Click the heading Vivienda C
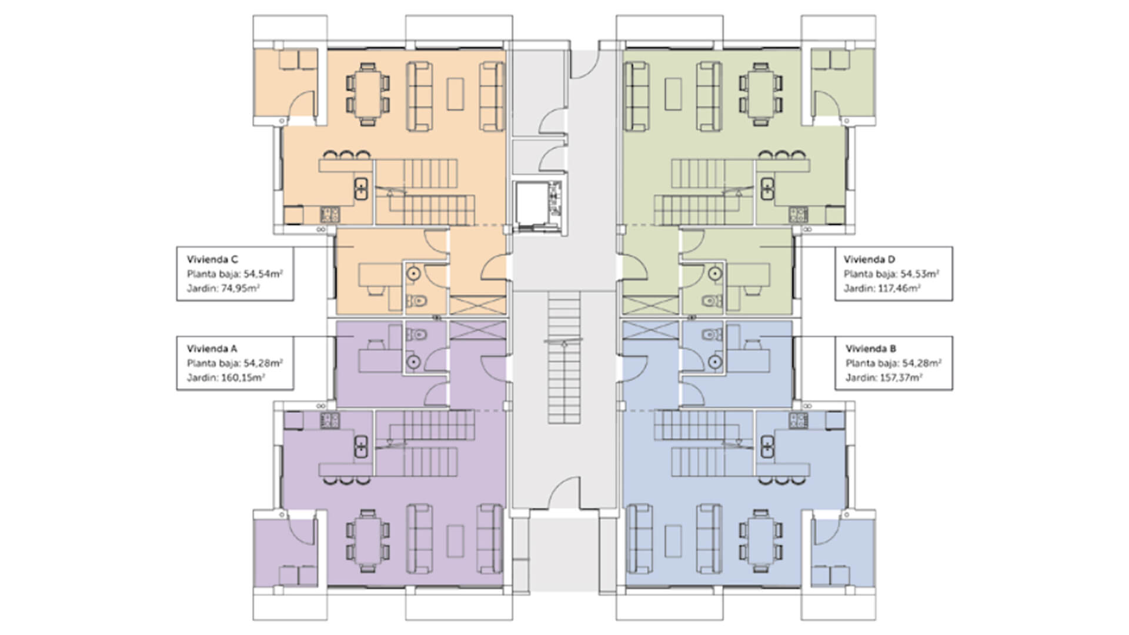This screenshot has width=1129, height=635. pyautogui.click(x=212, y=259)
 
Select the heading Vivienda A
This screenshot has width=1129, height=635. pyautogui.click(x=212, y=349)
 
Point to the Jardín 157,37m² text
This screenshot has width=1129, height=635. pyautogui.click(x=883, y=377)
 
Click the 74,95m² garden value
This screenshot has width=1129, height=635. pyautogui.click(x=241, y=289)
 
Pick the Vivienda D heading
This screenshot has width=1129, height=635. pyautogui.click(x=869, y=259)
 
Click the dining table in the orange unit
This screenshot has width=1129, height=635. pyautogui.click(x=368, y=95)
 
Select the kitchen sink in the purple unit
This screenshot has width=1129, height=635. pyautogui.click(x=360, y=447)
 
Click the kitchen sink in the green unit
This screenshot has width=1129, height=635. pyautogui.click(x=767, y=189)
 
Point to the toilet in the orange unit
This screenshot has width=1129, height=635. pyautogui.click(x=417, y=301)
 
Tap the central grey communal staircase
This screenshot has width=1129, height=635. pyautogui.click(x=564, y=359)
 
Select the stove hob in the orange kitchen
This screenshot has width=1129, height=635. pyautogui.click(x=329, y=213)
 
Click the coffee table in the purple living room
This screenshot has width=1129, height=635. pyautogui.click(x=455, y=542)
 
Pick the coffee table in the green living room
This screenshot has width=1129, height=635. pyautogui.click(x=674, y=95)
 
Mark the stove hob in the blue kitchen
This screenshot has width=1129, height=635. pyautogui.click(x=798, y=420)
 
